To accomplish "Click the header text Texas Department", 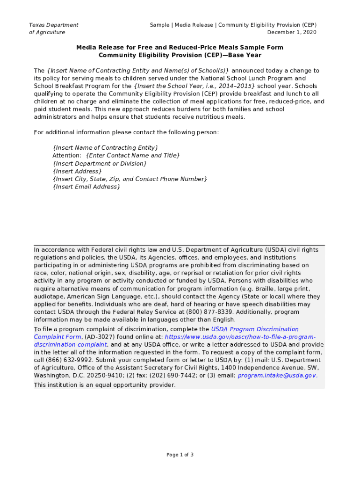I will point(54,25).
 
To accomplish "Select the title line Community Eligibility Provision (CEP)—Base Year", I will point(180,55).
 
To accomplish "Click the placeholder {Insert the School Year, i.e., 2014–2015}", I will point(194,86).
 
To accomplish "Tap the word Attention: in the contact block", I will point(67,155).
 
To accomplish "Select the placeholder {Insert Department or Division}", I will point(100,163).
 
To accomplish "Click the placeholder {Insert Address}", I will point(77,171).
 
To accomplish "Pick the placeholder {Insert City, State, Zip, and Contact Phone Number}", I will point(130,179).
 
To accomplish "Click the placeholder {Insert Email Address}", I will point(86,187).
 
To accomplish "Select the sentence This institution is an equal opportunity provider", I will point(105,385).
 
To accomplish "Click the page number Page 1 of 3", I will point(180,455).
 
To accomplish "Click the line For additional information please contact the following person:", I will point(126,132).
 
